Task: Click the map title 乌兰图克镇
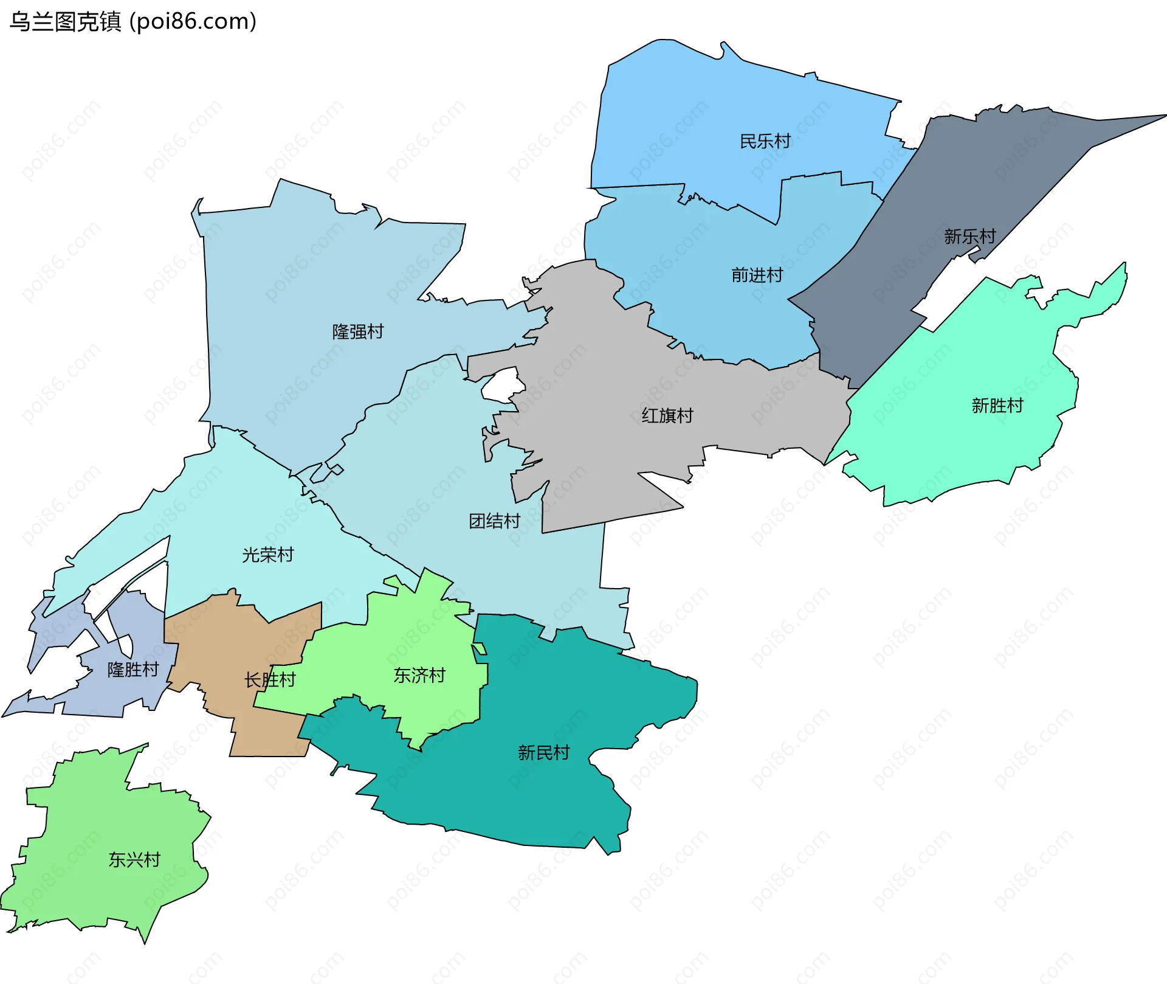coord(66,22)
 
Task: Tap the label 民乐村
coord(765,142)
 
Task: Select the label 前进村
coord(757,275)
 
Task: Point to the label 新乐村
coord(969,237)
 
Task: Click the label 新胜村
coord(997,406)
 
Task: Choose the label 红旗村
coord(667,416)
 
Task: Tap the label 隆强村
coord(358,332)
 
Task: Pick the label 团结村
coord(494,521)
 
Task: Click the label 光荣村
coord(267,555)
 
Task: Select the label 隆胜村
coord(133,670)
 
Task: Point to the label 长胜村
coord(270,680)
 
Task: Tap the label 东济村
coord(419,676)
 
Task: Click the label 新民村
coord(543,753)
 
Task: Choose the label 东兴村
coord(134,860)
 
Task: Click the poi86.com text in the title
coord(193,22)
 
